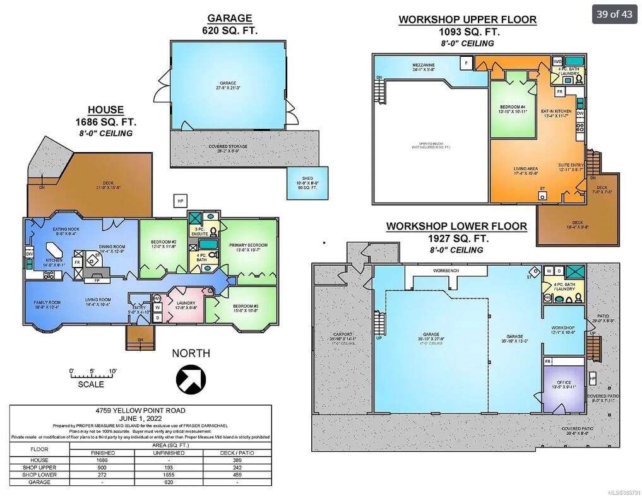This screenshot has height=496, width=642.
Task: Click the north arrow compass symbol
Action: pos(191,379)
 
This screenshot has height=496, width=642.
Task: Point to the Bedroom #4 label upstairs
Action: pos(513,109)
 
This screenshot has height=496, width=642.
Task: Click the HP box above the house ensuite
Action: pos(181,201)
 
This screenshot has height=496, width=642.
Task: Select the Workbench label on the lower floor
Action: pos(446,271)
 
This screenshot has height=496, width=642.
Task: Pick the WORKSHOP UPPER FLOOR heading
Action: pos(467,20)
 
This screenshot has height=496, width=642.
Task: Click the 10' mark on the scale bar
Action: pos(112,370)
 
